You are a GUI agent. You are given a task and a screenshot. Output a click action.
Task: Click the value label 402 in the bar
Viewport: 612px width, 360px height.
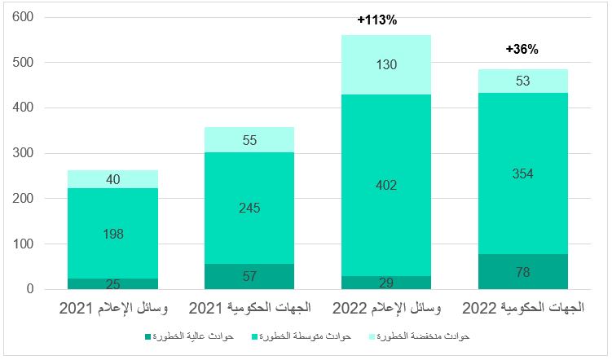tap(386, 186)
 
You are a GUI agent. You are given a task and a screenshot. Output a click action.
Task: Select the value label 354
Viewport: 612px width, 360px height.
tap(522, 173)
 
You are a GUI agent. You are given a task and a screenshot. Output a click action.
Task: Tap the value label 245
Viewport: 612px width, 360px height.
tap(249, 208)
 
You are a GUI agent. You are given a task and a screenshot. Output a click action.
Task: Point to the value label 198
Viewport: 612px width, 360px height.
tap(112, 235)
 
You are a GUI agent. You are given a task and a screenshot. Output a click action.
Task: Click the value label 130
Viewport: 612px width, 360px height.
tap(386, 64)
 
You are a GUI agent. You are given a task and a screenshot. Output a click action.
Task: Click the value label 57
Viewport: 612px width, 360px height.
tap(249, 276)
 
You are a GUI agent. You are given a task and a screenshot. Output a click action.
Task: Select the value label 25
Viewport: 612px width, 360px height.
tap(112, 283)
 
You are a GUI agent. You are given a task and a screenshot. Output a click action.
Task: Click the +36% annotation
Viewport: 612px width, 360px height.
tap(522, 49)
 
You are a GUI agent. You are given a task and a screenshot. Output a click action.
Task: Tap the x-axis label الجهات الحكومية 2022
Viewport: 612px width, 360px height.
tap(522, 310)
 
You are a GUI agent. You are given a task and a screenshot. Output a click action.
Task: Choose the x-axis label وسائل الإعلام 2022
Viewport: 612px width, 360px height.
tap(385, 310)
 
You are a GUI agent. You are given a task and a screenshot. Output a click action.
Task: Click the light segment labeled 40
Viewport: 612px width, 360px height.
tap(112, 179)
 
